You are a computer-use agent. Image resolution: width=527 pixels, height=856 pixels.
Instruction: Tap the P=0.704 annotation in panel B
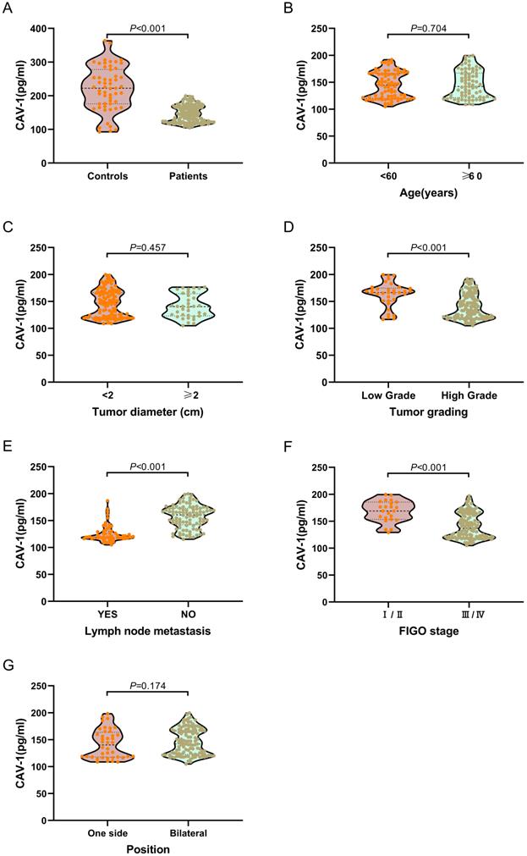pyautogui.click(x=427, y=28)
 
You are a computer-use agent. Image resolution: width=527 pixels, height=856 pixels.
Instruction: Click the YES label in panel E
pyautogui.click(x=107, y=616)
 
